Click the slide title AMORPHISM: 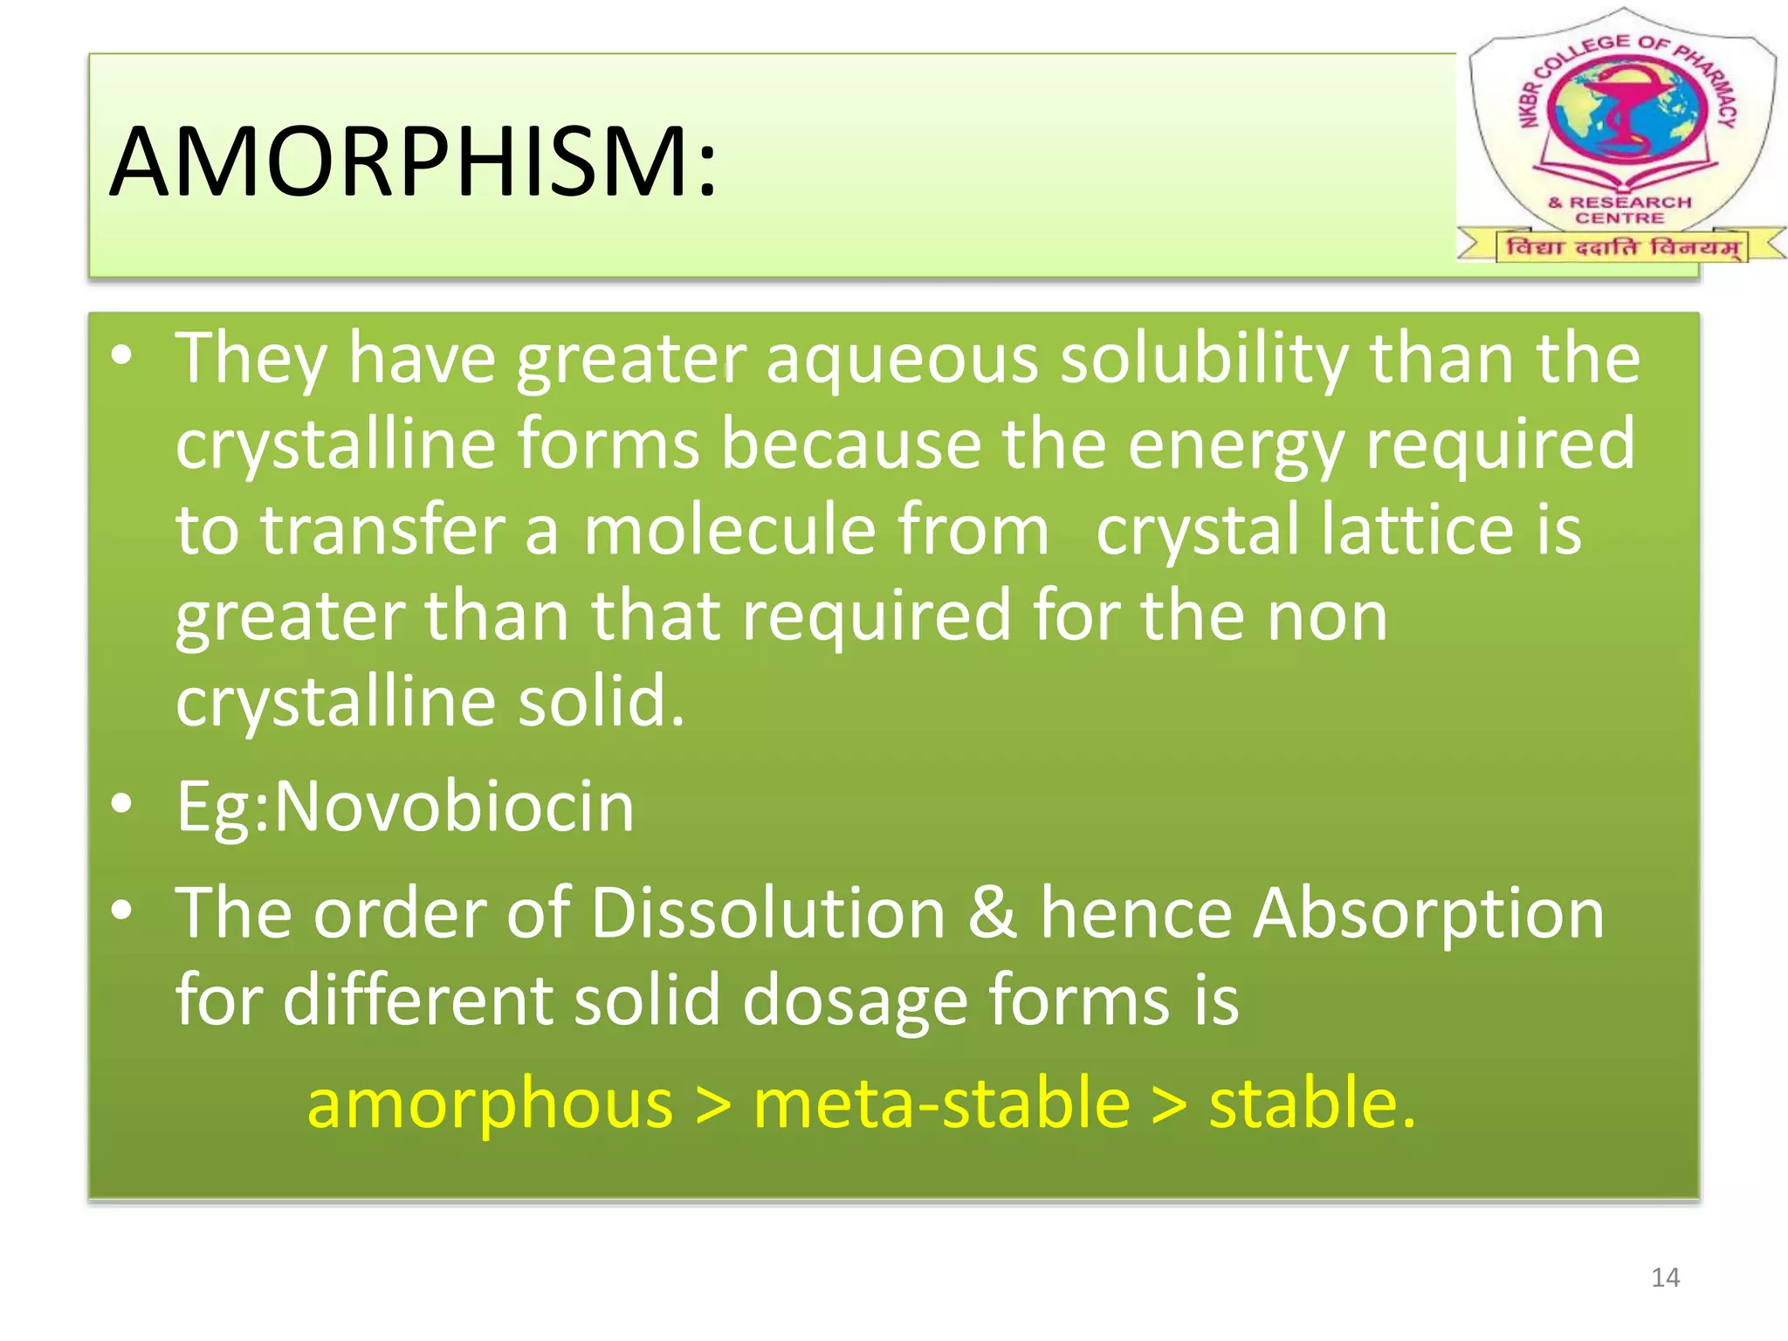[412, 162]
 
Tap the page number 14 [1665, 1277]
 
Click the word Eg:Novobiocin [405, 807]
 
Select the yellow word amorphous [490, 1104]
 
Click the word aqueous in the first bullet [902, 360]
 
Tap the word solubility [1204, 360]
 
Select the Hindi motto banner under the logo [1622, 246]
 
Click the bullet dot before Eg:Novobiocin [122, 803]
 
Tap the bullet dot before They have [122, 355]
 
